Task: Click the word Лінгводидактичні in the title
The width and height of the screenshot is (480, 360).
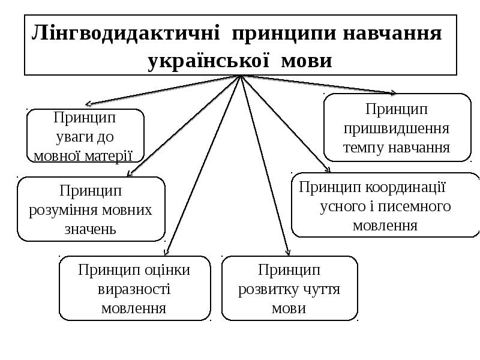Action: tap(125, 33)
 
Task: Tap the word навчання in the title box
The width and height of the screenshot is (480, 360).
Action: tap(392, 33)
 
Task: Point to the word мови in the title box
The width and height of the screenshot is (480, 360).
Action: tap(307, 61)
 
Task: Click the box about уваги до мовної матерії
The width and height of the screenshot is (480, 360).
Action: tap(85, 136)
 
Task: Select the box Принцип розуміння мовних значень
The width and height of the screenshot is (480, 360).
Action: tap(91, 209)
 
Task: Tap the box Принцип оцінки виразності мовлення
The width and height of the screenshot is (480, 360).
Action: tap(134, 289)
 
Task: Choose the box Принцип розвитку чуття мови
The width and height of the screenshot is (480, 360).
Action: tap(290, 289)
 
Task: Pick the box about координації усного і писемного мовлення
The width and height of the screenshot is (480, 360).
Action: tap(385, 205)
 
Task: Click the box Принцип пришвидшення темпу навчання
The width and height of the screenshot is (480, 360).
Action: tap(397, 127)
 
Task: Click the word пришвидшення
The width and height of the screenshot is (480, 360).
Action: tap(397, 129)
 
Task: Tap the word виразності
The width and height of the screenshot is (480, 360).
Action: tap(134, 289)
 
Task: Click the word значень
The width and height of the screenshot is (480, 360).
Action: tap(91, 229)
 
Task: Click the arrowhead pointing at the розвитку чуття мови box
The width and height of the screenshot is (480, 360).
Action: tap(287, 252)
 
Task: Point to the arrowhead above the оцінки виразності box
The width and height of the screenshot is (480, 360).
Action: tap(166, 252)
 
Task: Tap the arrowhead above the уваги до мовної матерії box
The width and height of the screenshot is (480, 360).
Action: tap(88, 104)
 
